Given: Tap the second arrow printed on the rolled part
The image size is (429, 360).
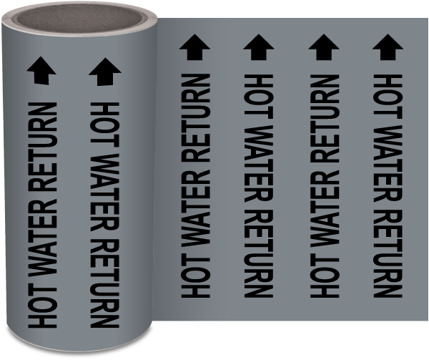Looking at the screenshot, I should tap(104, 70).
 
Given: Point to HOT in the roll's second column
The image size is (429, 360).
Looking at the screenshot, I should tap(106, 122).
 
